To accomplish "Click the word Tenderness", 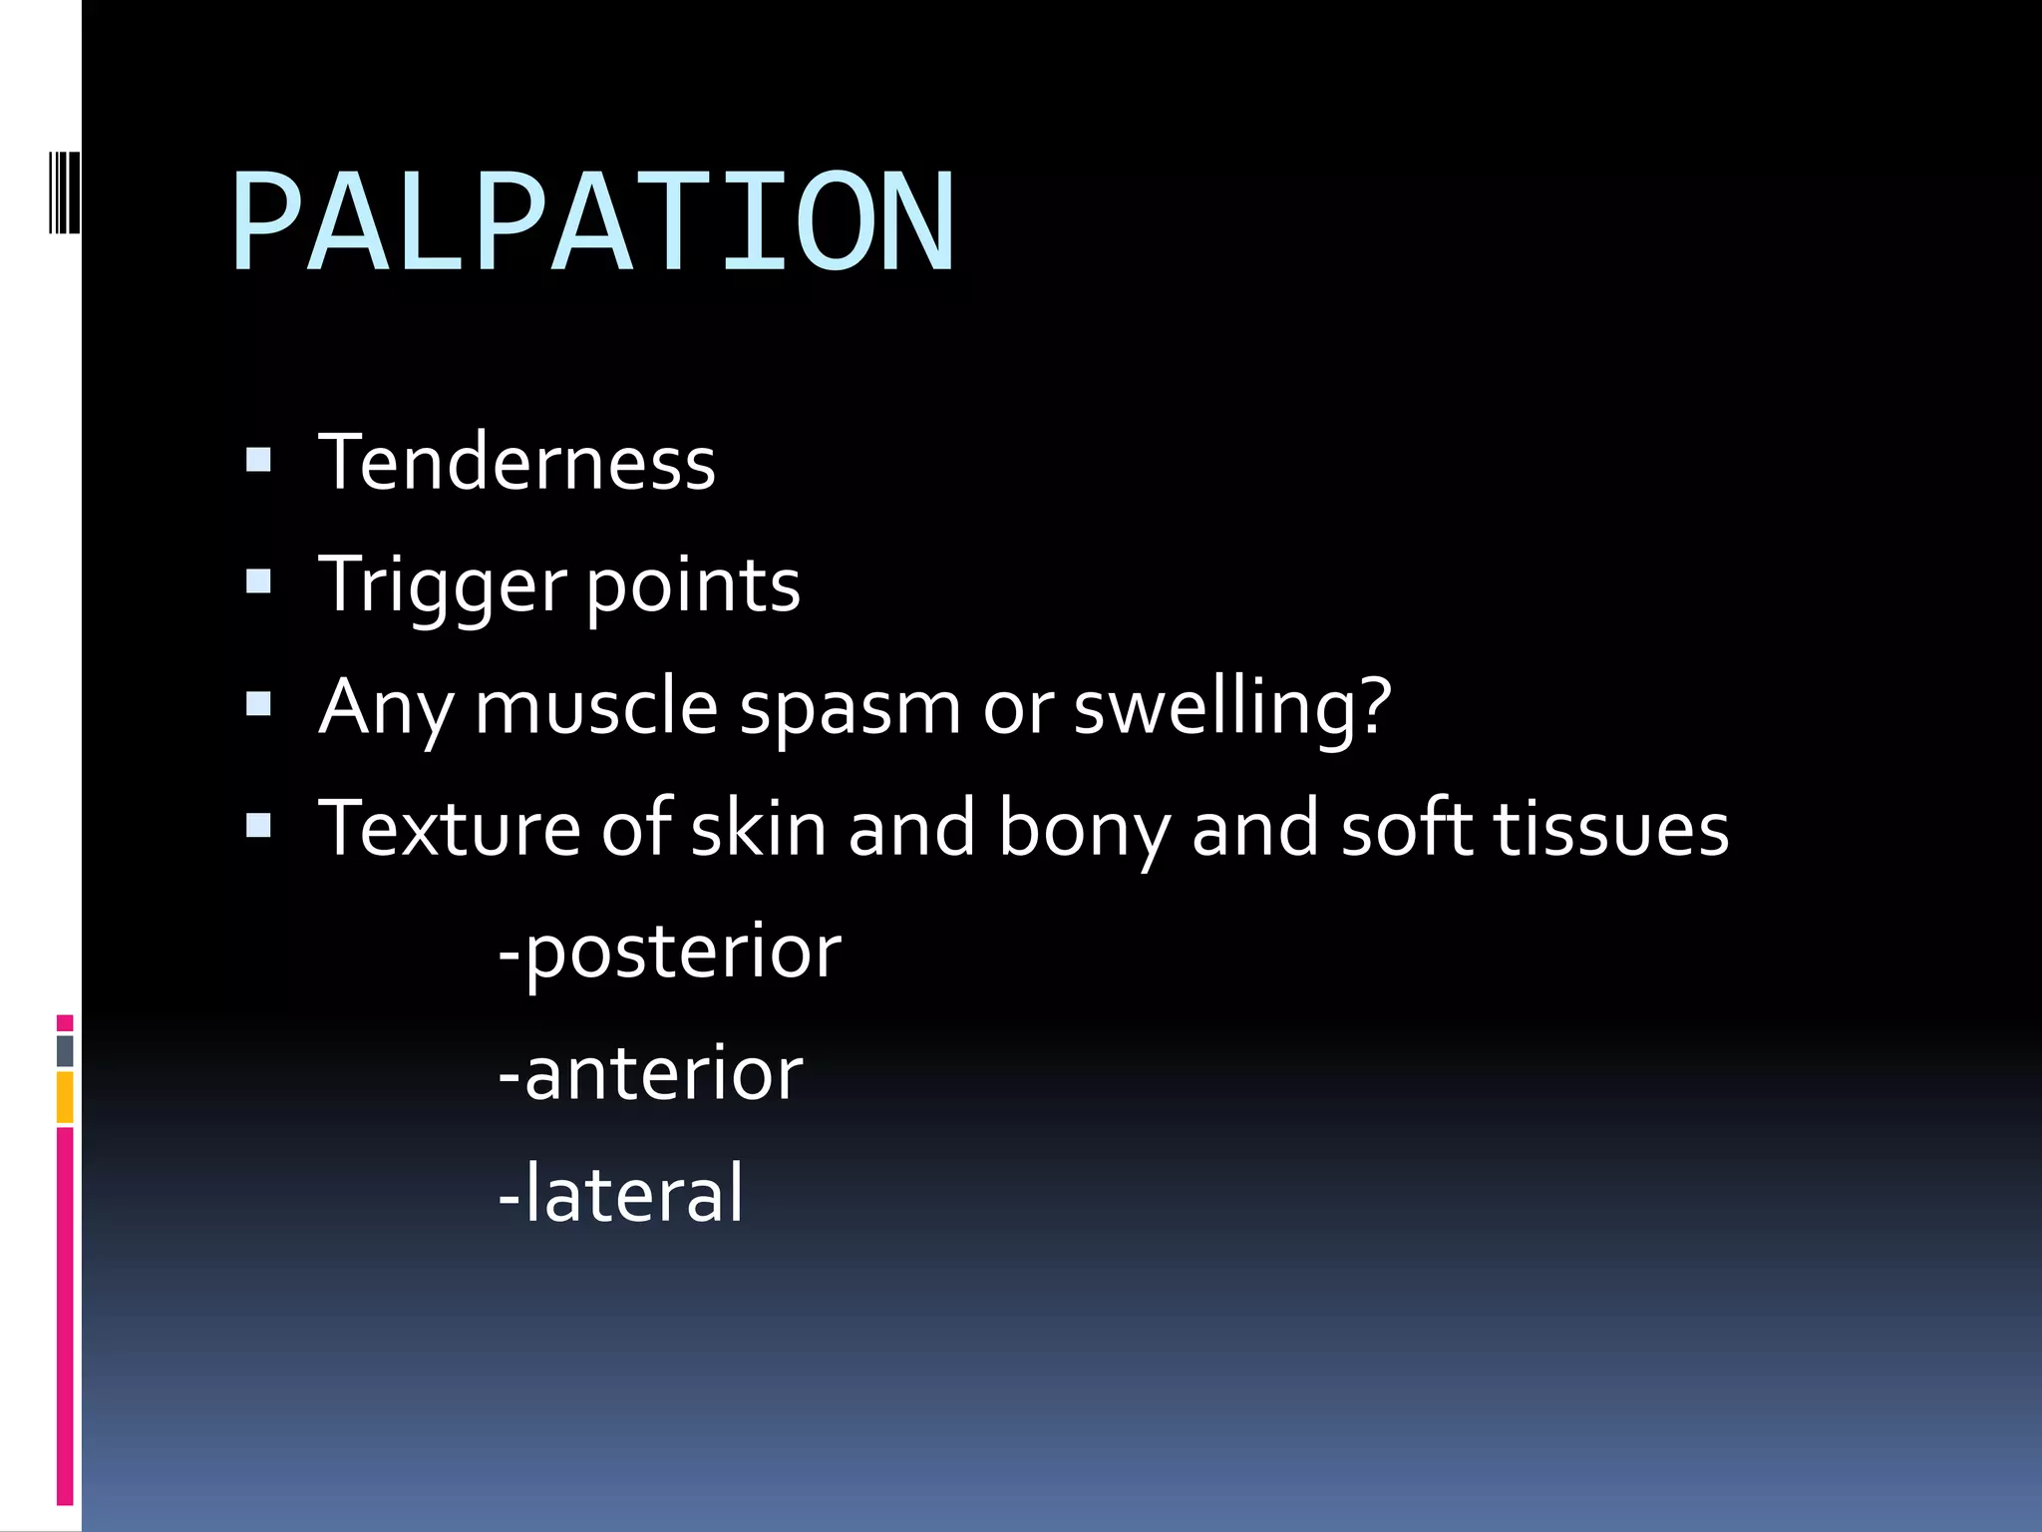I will point(516,463).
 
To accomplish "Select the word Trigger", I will point(442,585).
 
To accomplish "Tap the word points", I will point(693,585).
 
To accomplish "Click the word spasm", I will point(850,707).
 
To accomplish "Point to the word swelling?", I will point(1231,707).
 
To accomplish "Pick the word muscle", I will point(596,707).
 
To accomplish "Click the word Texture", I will point(449,829).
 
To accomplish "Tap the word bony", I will point(1084,829).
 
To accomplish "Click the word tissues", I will point(1610,829).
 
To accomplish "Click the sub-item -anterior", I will point(650,1074).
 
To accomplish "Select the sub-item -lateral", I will point(620,1194).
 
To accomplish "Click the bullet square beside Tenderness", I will point(258,460).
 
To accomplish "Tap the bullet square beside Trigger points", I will point(258,581).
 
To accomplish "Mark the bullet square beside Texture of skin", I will point(258,825).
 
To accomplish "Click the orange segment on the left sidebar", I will point(65,1097).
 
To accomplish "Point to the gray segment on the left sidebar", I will point(65,1050).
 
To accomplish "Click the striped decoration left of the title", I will point(65,190).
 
